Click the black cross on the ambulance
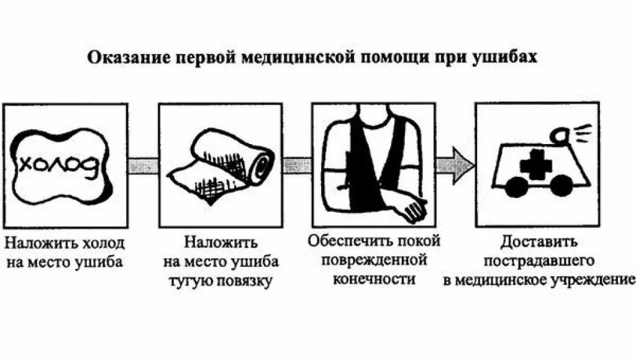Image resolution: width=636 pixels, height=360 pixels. pos(535,164)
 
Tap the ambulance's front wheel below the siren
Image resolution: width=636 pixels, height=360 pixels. pos(561,185)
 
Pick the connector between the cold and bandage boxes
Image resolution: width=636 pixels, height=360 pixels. pos(143,165)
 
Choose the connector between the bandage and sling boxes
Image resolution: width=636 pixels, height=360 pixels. pos(297,165)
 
